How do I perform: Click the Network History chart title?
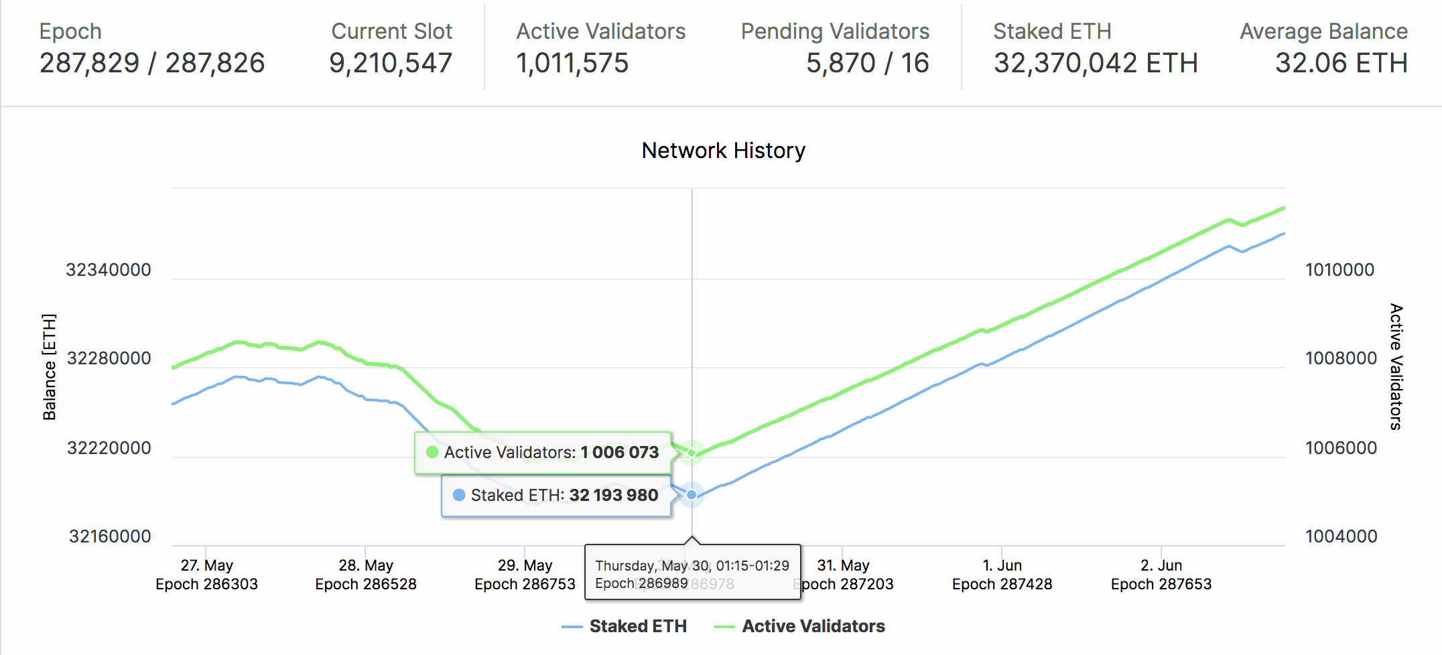pyautogui.click(x=723, y=151)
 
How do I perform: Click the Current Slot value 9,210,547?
pyautogui.click(x=391, y=63)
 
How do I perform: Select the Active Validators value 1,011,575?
pyautogui.click(x=572, y=63)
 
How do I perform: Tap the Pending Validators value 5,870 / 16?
pyautogui.click(x=867, y=63)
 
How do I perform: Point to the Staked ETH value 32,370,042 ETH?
pyautogui.click(x=1096, y=63)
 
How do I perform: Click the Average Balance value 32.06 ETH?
pyautogui.click(x=1341, y=63)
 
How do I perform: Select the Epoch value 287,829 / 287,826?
pyautogui.click(x=152, y=63)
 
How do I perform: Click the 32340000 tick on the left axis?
pyautogui.click(x=109, y=270)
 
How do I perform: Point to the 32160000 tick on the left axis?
pyautogui.click(x=110, y=536)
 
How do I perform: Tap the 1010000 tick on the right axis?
pyautogui.click(x=1339, y=270)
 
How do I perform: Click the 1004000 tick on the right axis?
pyautogui.click(x=1341, y=536)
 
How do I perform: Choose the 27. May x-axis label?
pyautogui.click(x=206, y=565)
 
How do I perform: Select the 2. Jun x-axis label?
pyautogui.click(x=1161, y=565)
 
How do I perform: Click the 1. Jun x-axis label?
pyautogui.click(x=1002, y=565)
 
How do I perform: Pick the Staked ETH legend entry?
pyautogui.click(x=637, y=626)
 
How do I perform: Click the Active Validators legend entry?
pyautogui.click(x=813, y=626)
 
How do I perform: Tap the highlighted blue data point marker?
pyautogui.click(x=692, y=495)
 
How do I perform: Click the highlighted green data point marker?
pyautogui.click(x=692, y=453)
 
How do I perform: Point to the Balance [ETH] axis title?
pyautogui.click(x=50, y=366)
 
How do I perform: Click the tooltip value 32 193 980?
pyautogui.click(x=613, y=495)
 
